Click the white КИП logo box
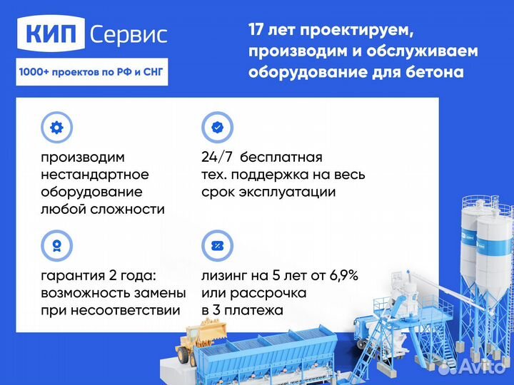click(54, 34)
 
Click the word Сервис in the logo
click(128, 34)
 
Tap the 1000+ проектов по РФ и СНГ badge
click(91, 72)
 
